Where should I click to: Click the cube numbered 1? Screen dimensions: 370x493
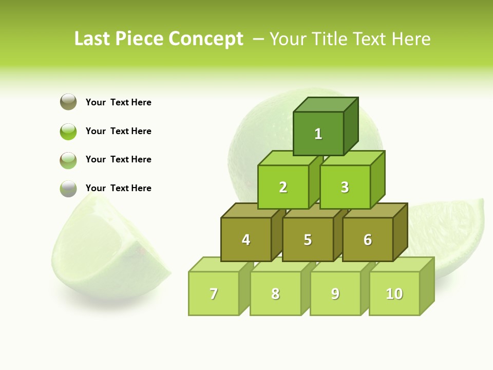pos(318,134)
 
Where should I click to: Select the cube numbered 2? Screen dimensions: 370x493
pos(283,187)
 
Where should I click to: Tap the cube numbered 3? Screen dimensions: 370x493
pos(345,187)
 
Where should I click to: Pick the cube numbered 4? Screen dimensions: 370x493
pos(246,239)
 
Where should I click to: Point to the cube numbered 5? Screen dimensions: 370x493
pos(308,239)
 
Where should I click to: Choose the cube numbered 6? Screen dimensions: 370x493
pos(368,239)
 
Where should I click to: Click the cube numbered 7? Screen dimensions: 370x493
pos(214,293)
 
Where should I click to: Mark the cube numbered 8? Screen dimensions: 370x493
pos(275,293)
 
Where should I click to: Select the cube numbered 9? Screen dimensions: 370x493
pos(335,293)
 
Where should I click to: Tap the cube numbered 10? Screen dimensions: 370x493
pos(394,293)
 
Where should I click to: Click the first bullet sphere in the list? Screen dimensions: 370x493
pos(68,102)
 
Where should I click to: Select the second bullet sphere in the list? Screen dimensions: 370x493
pos(68,131)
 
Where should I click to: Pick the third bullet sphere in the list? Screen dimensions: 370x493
pos(68,160)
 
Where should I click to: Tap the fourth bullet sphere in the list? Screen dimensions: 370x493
pos(68,188)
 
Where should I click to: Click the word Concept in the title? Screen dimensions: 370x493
pos(205,39)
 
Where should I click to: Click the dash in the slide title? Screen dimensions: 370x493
pos(259,39)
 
